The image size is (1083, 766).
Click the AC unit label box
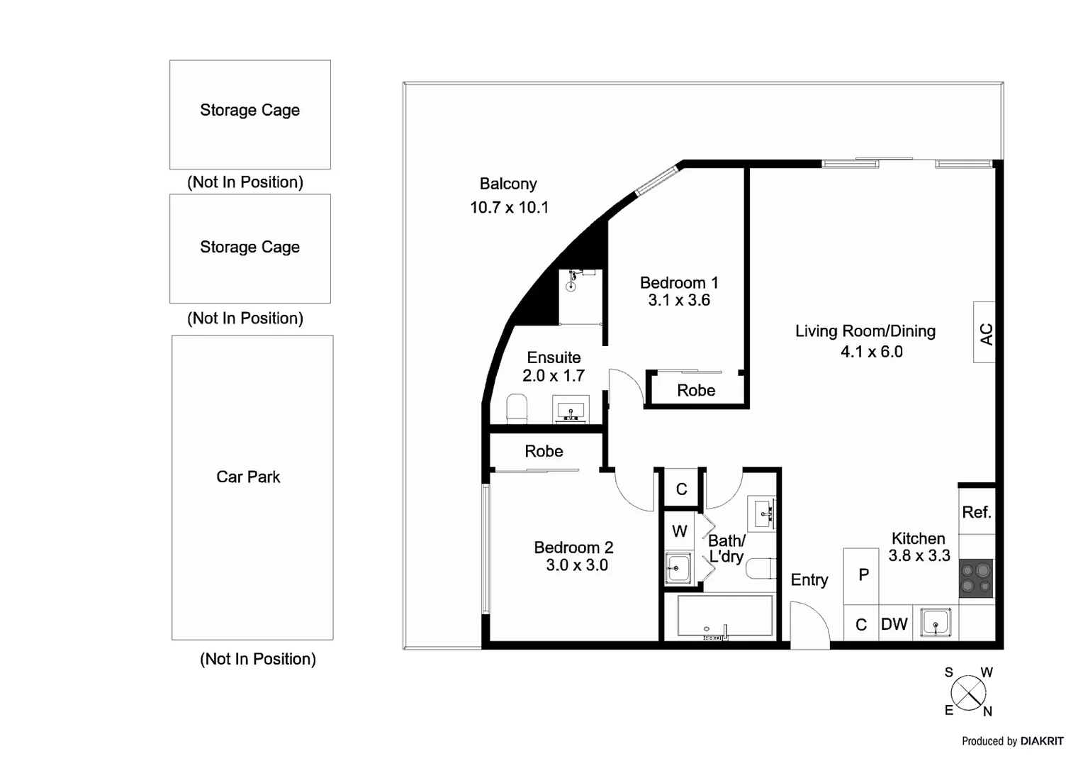tap(984, 333)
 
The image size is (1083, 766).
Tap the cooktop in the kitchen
tap(976, 579)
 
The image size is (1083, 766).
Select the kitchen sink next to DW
tap(935, 623)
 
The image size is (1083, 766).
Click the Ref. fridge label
tap(976, 512)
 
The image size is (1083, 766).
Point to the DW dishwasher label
tap(894, 624)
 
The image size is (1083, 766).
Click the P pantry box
tap(862, 575)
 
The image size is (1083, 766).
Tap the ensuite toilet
tap(517, 409)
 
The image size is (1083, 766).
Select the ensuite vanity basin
tap(571, 410)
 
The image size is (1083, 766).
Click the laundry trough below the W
tap(678, 567)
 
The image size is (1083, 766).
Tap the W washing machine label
tap(679, 531)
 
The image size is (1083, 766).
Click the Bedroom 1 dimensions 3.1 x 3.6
tap(679, 301)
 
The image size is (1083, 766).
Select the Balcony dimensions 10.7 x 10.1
tap(509, 208)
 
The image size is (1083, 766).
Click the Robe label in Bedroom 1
tap(696, 391)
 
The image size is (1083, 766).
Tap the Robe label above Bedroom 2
tap(544, 452)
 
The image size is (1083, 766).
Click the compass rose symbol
tap(968, 692)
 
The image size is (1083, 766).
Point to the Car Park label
tap(248, 477)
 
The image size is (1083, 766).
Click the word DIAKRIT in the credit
tap(1042, 741)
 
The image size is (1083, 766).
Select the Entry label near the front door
tap(809, 580)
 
